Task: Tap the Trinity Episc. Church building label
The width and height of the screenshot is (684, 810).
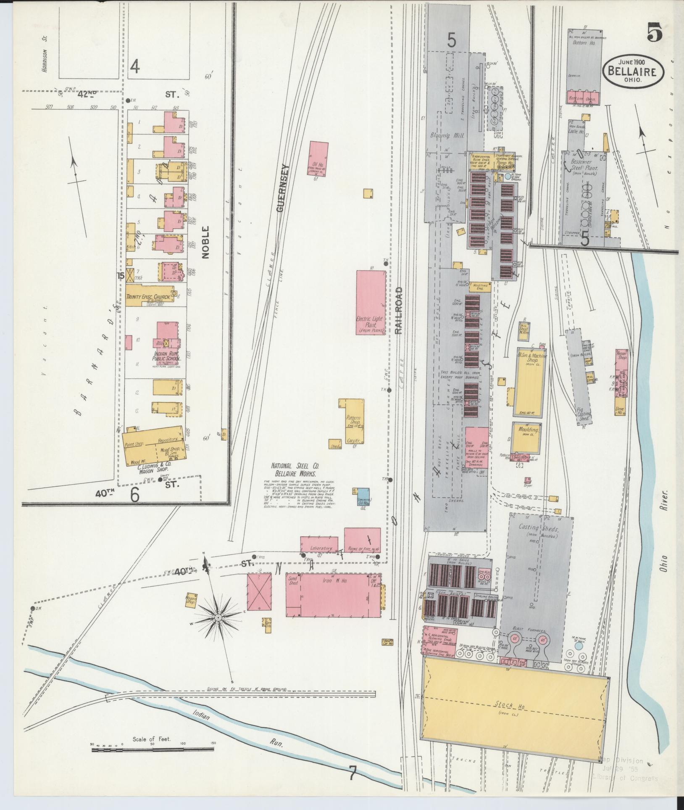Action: pos(148,296)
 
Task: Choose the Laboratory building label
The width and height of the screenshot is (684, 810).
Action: pos(321,549)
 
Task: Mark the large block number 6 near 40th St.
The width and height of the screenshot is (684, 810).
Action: pos(135,495)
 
